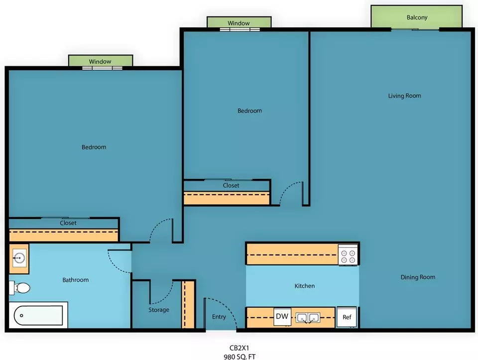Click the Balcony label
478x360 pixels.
(417, 17)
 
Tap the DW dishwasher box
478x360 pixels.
(282, 317)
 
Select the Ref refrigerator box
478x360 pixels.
(347, 317)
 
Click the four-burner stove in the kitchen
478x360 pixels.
(348, 255)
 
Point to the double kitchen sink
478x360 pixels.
(308, 318)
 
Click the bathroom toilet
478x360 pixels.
(19, 288)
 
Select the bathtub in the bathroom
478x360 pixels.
(38, 315)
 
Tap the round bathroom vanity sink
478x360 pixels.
(19, 258)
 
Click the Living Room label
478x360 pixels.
(404, 96)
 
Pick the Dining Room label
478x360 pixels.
(418, 277)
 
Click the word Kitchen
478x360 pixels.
(305, 286)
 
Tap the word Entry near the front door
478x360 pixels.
(219, 317)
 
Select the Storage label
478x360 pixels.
(158, 310)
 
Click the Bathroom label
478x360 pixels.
(75, 280)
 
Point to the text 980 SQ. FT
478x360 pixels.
(239, 357)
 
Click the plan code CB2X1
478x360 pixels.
(239, 348)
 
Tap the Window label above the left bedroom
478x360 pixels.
(100, 62)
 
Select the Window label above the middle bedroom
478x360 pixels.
(239, 23)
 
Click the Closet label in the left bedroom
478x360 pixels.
(68, 223)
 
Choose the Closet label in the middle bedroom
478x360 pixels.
(231, 185)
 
